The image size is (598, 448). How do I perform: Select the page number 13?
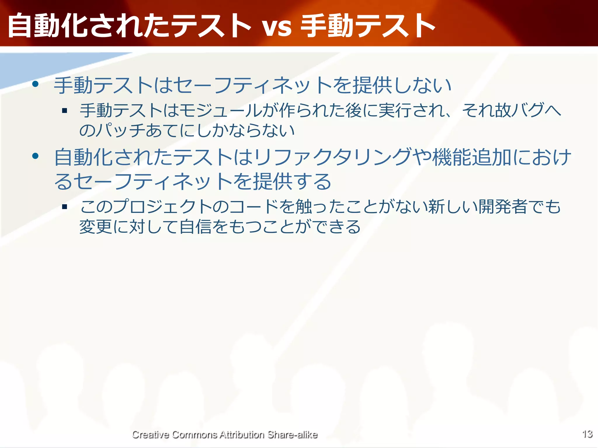(587, 434)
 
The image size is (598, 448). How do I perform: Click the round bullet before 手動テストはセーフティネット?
(36, 85)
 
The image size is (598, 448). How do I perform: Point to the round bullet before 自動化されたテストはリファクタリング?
(36, 156)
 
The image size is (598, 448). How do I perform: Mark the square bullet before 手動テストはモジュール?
(65, 111)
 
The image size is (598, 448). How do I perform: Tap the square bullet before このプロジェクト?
(65, 207)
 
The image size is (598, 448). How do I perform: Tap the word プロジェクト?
(162, 207)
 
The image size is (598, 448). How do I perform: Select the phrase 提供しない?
(402, 85)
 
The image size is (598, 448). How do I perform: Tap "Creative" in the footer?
(150, 435)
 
